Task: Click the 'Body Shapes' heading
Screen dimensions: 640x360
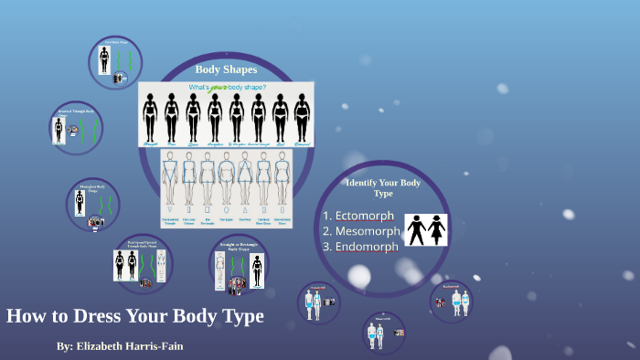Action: coord(226,69)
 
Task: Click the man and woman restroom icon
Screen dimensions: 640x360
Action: coord(427,229)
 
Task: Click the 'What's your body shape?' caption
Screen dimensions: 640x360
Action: coord(227,89)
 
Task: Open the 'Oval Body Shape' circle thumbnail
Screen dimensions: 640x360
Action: coord(116,61)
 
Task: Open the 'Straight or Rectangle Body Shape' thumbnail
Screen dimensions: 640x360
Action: coord(238,265)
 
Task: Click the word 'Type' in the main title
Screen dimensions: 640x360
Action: coord(240,317)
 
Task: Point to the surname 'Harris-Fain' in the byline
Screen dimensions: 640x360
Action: coord(174,346)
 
